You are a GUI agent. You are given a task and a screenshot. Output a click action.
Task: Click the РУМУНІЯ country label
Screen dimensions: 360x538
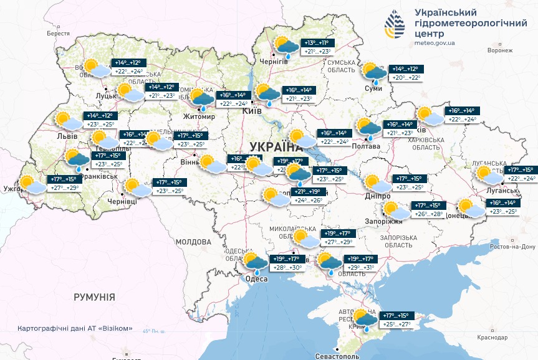tap(94, 297)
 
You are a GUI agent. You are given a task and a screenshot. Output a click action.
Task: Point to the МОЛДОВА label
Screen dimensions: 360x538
tap(193, 241)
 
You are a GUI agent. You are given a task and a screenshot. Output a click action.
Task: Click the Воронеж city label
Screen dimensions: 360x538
tap(500, 50)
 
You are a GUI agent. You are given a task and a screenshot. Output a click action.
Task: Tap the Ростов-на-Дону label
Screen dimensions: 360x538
tap(512, 247)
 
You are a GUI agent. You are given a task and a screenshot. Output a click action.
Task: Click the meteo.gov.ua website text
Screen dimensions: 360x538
tap(434, 43)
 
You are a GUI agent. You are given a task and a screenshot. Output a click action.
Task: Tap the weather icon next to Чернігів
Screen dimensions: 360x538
tap(287, 47)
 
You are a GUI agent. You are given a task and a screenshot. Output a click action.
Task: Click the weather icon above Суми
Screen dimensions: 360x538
tap(374, 73)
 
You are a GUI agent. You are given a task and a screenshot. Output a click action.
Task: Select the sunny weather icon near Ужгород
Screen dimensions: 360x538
tap(30, 184)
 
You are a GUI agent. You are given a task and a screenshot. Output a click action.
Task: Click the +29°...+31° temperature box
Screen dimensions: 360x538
tap(360, 267)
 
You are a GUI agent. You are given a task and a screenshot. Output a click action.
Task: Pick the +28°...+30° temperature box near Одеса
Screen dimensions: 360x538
tap(286, 267)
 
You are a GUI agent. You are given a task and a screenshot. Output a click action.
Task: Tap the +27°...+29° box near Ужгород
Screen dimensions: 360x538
tap(65, 187)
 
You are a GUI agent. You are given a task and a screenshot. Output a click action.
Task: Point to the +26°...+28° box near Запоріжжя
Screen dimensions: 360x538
tap(427, 214)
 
